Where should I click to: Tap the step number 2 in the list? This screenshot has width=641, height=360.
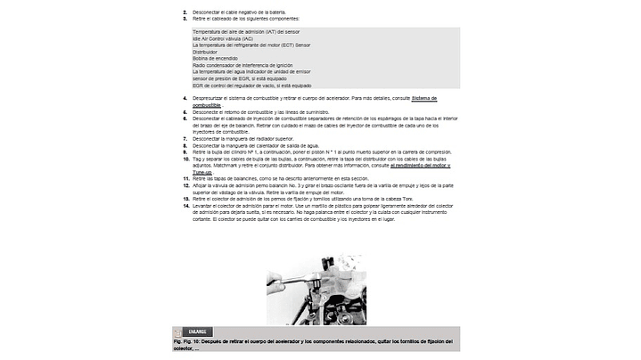point(185,12)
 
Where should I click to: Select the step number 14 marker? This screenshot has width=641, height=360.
point(185,205)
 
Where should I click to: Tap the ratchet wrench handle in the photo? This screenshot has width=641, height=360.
point(286,286)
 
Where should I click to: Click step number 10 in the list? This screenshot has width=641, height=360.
point(185,159)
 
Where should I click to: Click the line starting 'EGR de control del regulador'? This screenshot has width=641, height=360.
point(245,85)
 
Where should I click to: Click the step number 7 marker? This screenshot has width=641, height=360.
point(185,138)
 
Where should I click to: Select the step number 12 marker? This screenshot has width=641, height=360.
point(185,185)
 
